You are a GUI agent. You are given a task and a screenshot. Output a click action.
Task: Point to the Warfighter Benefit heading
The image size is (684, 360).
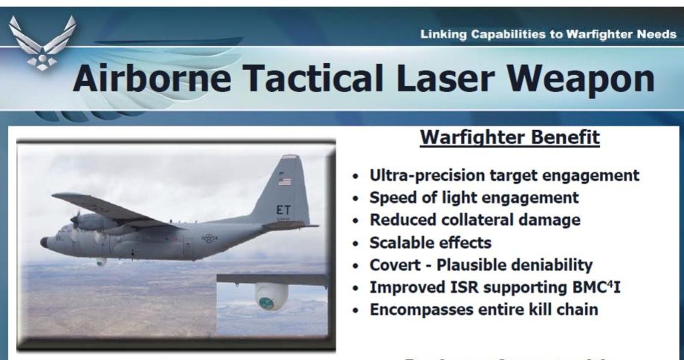pyautogui.click(x=510, y=137)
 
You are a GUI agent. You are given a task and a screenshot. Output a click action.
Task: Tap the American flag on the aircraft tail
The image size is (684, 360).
pyautogui.click(x=284, y=182)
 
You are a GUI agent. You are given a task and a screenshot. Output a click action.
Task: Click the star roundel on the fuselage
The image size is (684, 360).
pyautogui.click(x=209, y=238)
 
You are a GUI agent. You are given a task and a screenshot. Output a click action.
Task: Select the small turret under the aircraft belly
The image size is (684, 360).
pyautogui.click(x=100, y=262)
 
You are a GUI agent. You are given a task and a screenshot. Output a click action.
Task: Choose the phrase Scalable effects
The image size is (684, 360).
pyautogui.click(x=430, y=243)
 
